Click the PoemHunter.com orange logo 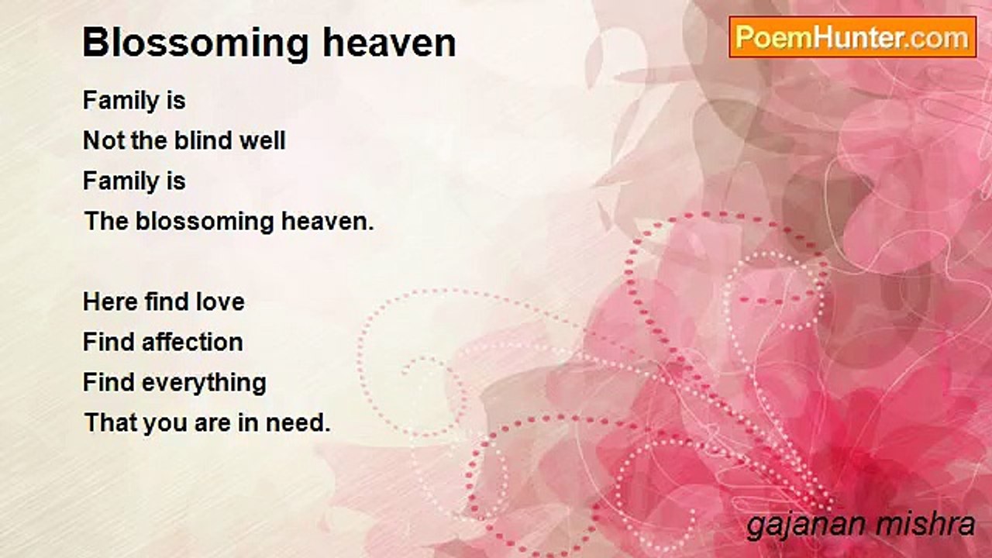pyautogui.click(x=852, y=37)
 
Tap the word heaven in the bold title pyautogui.click(x=389, y=43)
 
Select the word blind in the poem pyautogui.click(x=203, y=140)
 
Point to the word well pyautogui.click(x=263, y=140)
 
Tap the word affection pyautogui.click(x=192, y=342)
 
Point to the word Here pyautogui.click(x=110, y=302)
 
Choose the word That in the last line pyautogui.click(x=111, y=422)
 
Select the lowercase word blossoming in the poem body pyautogui.click(x=205, y=222)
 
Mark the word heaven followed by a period pyautogui.click(x=328, y=222)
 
